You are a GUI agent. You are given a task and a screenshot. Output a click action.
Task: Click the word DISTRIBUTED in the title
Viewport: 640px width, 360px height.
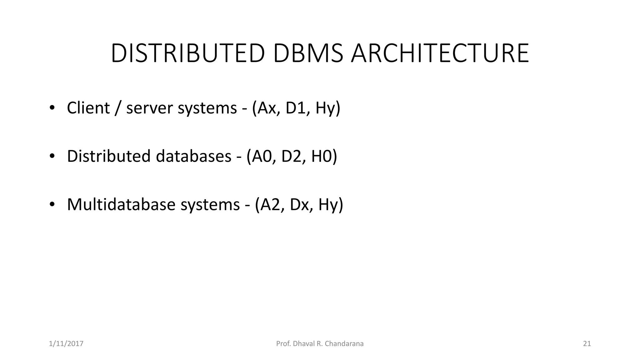(188, 53)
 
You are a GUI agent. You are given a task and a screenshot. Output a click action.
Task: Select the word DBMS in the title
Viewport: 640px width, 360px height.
(308, 53)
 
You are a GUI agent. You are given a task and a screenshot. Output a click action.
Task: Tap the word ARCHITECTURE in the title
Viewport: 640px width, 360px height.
(440, 53)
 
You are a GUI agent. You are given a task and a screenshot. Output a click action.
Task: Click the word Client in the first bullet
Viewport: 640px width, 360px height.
(88, 108)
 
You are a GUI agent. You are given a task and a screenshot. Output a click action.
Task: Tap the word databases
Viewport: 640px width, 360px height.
(193, 156)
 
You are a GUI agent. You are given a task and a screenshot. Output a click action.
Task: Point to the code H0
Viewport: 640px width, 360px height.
(322, 156)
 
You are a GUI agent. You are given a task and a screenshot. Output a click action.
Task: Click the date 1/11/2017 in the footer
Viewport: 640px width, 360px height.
(66, 344)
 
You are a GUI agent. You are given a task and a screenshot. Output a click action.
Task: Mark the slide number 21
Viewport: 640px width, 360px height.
(587, 344)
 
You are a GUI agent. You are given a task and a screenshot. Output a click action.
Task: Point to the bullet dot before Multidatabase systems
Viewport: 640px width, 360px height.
(52, 205)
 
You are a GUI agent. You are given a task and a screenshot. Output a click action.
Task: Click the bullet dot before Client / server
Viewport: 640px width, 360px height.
(52, 108)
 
